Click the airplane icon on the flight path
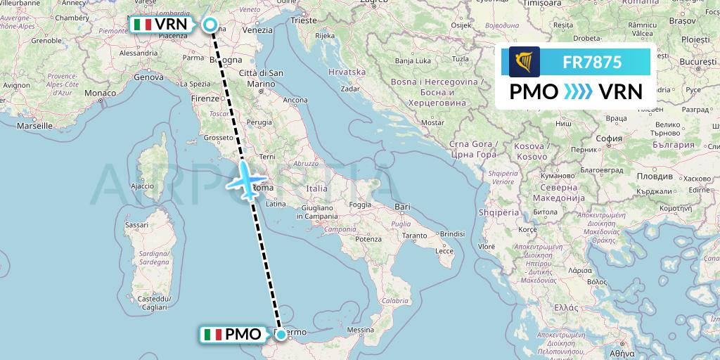245,180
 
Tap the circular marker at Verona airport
210,25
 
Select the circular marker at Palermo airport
281,335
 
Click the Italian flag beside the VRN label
143,25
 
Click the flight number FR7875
592,62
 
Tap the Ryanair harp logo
525,62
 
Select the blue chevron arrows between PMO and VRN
579,91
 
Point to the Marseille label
35,126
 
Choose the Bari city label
403,207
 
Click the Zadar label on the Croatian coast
350,89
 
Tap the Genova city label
148,77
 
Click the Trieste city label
304,21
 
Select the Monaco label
100,93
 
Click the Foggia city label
359,205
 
